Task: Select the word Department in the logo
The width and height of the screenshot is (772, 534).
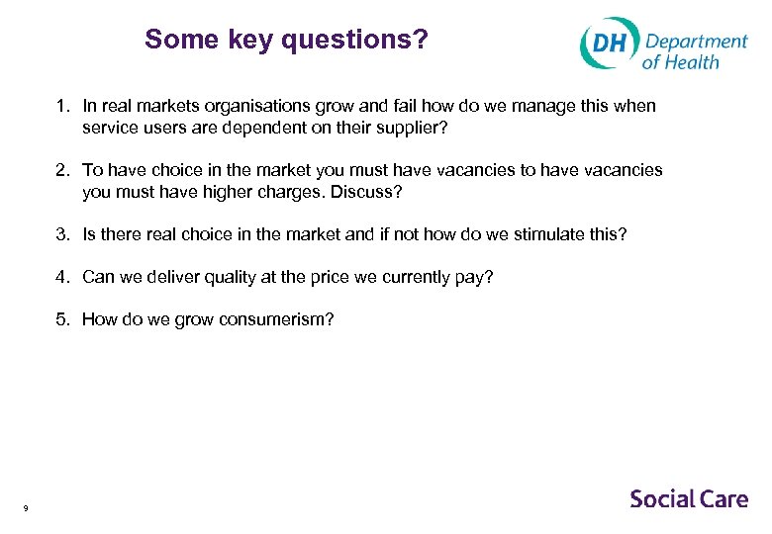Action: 696,41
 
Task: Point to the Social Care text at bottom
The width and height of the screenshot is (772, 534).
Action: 689,498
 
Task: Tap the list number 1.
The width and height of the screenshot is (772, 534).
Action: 61,106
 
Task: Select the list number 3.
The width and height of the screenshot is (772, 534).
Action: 61,234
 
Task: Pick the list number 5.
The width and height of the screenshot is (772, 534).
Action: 61,319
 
